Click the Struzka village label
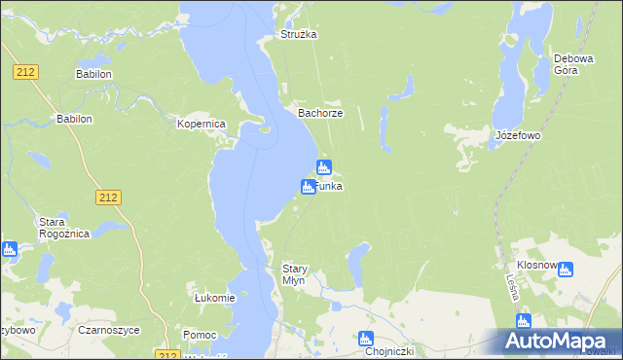click(299, 34)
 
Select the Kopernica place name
click(201, 125)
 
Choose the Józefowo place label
click(517, 135)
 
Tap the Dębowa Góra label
click(573, 64)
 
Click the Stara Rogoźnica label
click(58, 228)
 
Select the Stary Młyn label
click(294, 273)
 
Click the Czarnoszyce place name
click(110, 330)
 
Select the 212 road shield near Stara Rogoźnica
click(108, 198)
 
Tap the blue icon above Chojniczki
click(365, 339)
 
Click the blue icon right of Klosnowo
click(566, 270)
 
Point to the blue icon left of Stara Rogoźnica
click(9, 249)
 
